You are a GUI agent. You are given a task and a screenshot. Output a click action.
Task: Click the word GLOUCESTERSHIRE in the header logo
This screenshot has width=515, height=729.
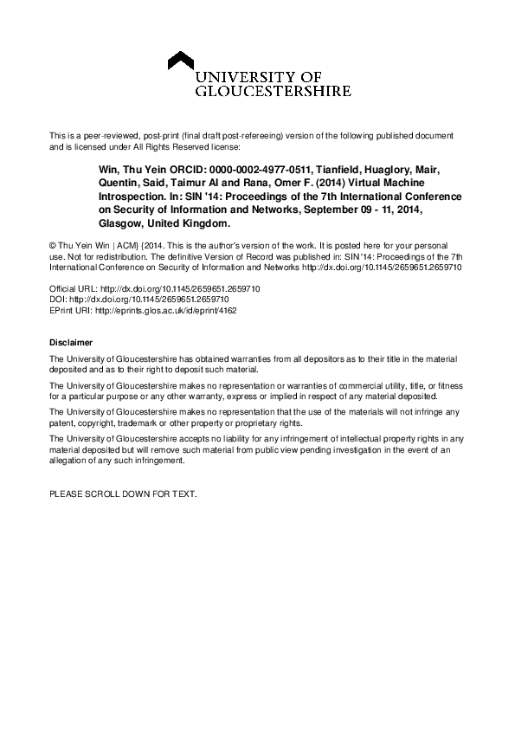(274, 90)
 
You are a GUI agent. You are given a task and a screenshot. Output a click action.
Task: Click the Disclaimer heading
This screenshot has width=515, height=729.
(70, 344)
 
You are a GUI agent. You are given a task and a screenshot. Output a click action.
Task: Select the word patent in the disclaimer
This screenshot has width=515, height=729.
(62, 424)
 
